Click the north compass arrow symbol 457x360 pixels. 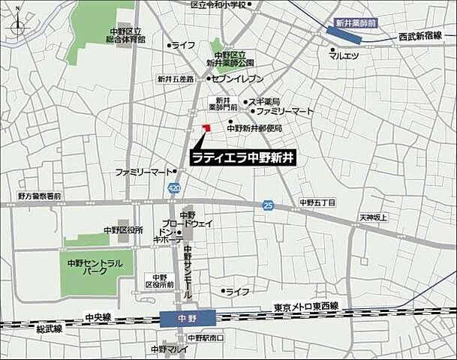click(17, 27)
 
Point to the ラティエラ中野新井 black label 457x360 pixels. click(244, 158)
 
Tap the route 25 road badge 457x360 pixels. click(268, 205)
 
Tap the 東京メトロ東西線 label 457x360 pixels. click(306, 306)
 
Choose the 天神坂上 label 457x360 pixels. click(373, 217)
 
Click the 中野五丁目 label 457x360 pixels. click(317, 202)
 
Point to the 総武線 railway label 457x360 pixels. click(50, 328)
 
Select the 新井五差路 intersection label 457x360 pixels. click(176, 79)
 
